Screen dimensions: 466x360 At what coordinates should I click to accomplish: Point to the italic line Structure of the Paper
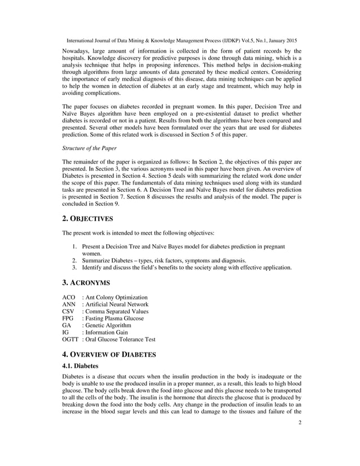click(x=89, y=148)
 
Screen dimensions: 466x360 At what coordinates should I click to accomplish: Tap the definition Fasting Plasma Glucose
click(x=115, y=318)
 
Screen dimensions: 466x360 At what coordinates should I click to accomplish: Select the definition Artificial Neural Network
click(x=117, y=304)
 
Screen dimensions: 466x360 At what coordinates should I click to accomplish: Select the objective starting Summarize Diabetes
click(x=164, y=261)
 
